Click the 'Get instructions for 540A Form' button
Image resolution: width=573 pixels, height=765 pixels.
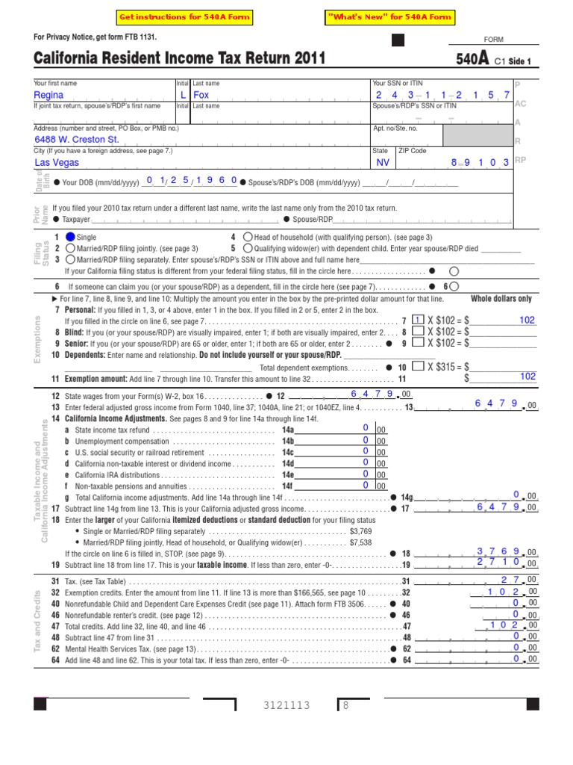(184, 17)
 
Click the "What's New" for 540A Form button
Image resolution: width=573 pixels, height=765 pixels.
(389, 17)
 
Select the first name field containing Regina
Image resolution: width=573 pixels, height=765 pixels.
(49, 96)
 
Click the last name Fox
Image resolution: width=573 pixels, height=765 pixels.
(201, 96)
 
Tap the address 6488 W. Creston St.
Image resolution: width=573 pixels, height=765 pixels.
(77, 140)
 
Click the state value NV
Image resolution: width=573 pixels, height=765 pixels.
(383, 162)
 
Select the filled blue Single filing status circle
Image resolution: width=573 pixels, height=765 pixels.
(70, 237)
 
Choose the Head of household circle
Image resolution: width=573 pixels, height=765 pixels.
(248, 237)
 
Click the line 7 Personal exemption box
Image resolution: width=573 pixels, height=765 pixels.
(419, 320)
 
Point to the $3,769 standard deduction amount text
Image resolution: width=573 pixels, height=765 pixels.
(361, 531)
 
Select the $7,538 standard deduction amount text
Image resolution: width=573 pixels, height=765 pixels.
(361, 542)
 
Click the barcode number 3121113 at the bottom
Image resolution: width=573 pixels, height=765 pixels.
(286, 705)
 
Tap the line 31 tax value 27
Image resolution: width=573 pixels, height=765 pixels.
(510, 580)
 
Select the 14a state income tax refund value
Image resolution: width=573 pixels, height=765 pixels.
(366, 427)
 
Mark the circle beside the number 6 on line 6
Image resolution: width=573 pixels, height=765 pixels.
(454, 285)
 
